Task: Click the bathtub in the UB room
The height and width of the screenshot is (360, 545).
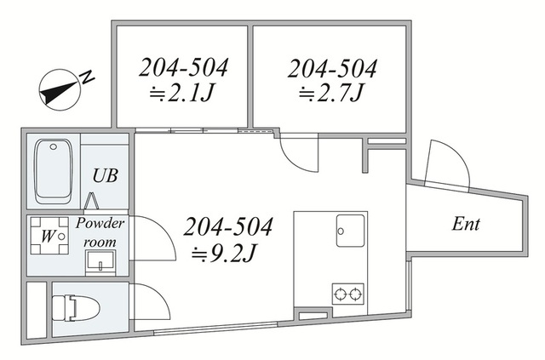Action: (54, 171)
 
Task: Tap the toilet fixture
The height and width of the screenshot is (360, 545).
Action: (76, 308)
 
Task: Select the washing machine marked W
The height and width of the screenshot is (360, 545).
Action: (49, 236)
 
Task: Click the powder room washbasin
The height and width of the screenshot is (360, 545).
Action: (100, 262)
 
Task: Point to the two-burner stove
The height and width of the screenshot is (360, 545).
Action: (348, 294)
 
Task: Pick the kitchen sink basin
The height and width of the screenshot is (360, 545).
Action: (350, 231)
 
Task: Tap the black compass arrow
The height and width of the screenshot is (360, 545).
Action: (58, 92)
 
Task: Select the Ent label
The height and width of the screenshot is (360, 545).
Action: (466, 224)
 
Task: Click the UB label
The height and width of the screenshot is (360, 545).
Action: (105, 176)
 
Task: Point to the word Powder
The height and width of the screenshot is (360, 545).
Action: (100, 224)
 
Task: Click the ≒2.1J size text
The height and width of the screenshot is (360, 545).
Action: (181, 94)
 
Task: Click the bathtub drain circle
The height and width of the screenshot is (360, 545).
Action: (53, 146)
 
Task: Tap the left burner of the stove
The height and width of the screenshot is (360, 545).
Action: (340, 294)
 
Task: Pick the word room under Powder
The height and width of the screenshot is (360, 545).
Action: (100, 243)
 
